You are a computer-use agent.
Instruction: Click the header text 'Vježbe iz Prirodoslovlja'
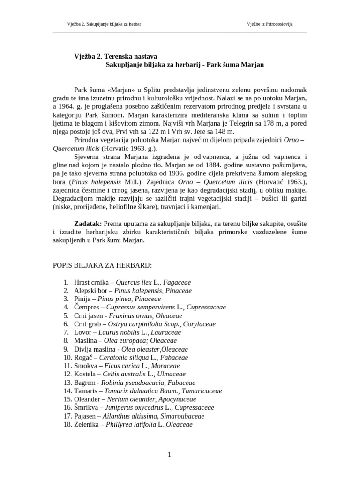click(x=270, y=24)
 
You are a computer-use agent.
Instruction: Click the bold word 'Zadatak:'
click(x=88, y=223)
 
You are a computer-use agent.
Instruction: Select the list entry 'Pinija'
click(x=83, y=299)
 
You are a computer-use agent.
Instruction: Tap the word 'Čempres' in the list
click(x=86, y=307)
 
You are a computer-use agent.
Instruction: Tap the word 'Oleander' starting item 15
click(x=88, y=399)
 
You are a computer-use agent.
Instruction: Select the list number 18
click(x=66, y=424)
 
